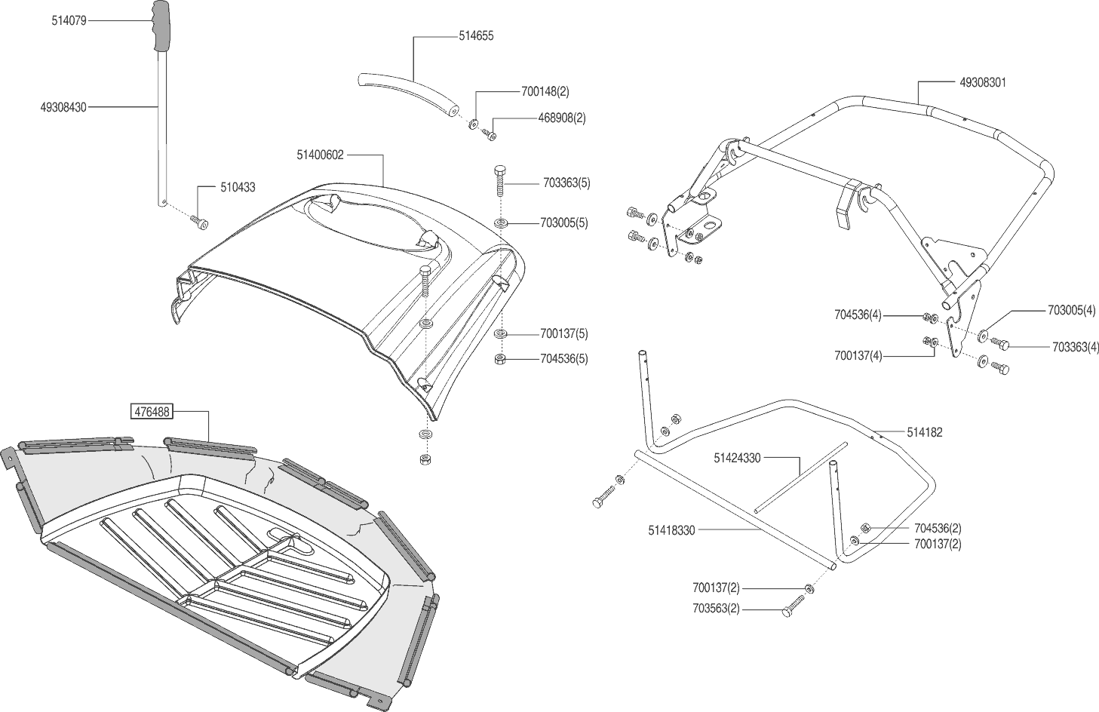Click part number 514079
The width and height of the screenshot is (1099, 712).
coord(69,21)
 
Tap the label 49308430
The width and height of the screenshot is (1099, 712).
coord(63,107)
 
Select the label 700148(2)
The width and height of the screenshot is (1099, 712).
coord(545,91)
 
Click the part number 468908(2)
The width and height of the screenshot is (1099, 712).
coord(561,118)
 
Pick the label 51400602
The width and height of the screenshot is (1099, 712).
coord(321,155)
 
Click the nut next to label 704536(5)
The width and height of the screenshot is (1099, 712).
coord(500,358)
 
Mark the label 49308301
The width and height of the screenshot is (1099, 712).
coord(983,82)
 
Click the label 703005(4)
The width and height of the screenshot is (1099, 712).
coord(1071,310)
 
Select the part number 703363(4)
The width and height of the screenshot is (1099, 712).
coord(1076,347)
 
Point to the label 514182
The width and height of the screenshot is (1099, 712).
coord(926,432)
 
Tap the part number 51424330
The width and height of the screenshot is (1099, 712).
coord(737,457)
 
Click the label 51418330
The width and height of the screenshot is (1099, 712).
coord(671,530)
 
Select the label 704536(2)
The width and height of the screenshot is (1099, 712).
coord(938,528)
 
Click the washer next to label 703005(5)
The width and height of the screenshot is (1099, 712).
coord(501,223)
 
